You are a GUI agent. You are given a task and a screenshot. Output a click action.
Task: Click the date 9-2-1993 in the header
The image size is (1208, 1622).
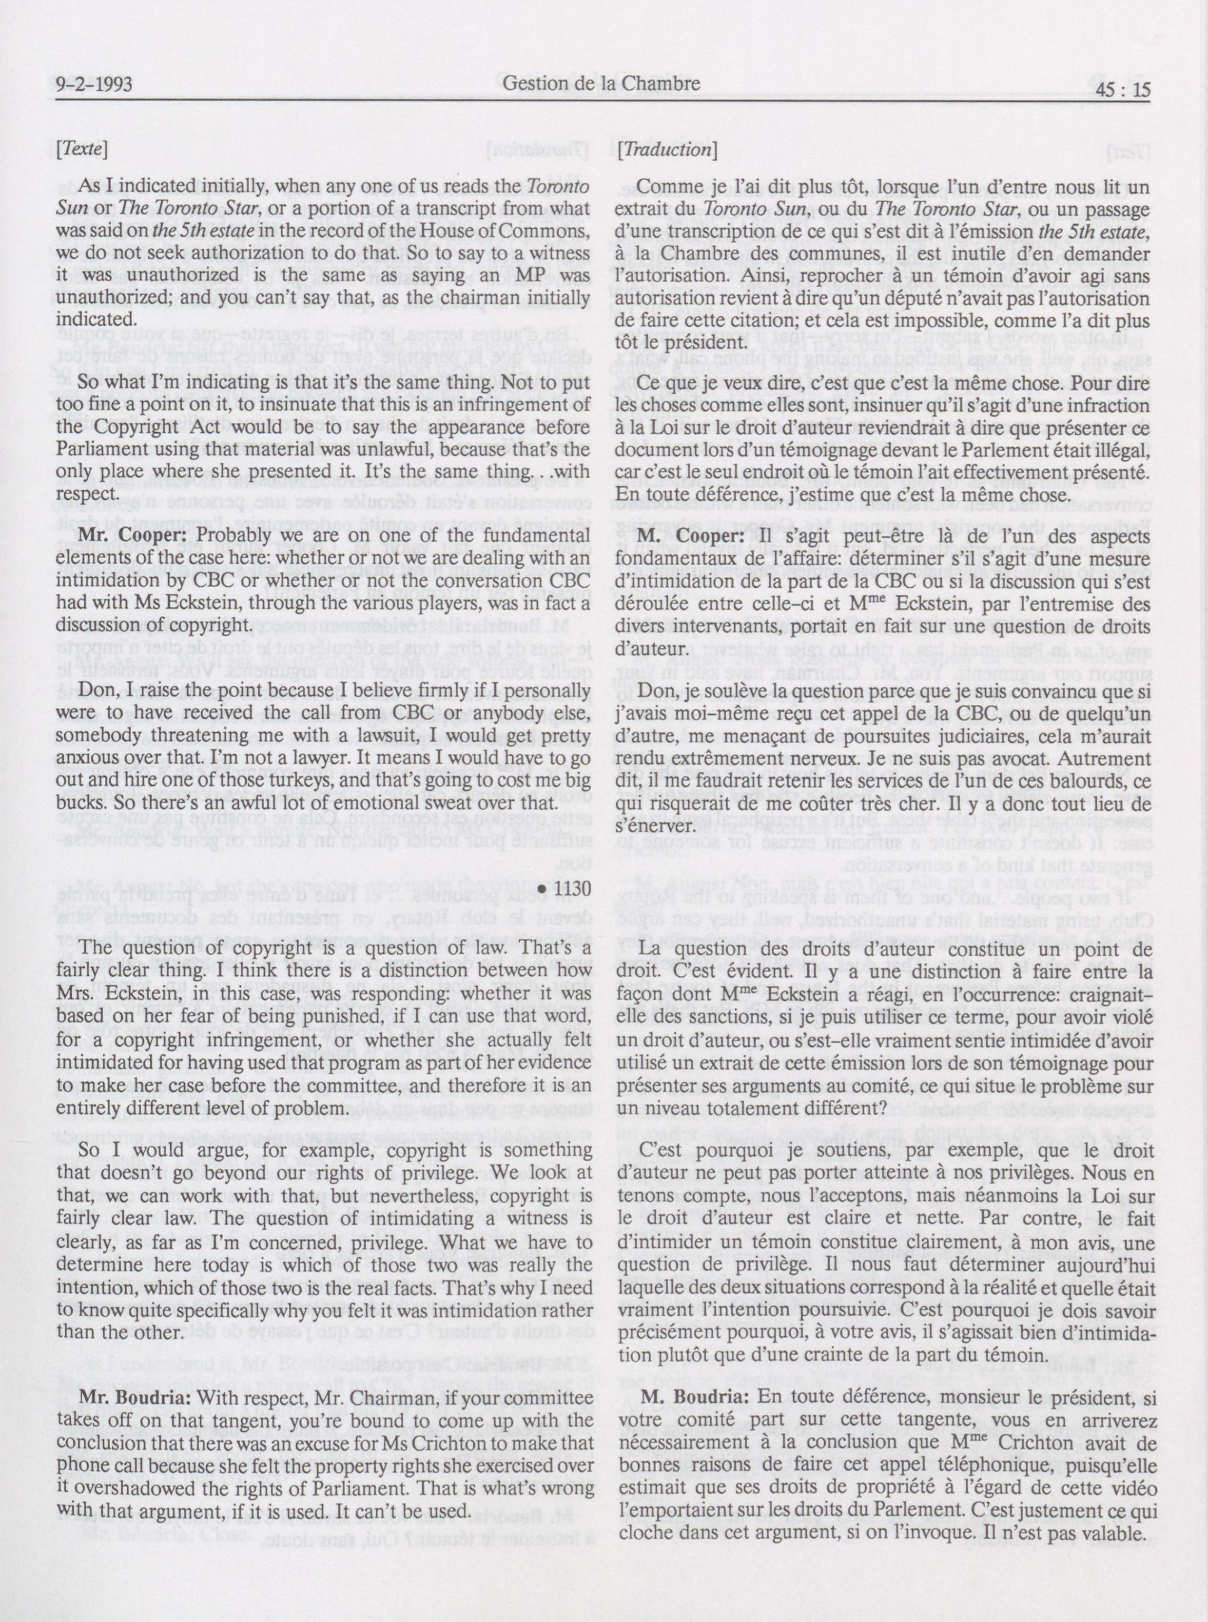(x=93, y=85)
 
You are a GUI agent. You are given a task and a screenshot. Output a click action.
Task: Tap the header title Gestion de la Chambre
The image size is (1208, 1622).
(x=601, y=83)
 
